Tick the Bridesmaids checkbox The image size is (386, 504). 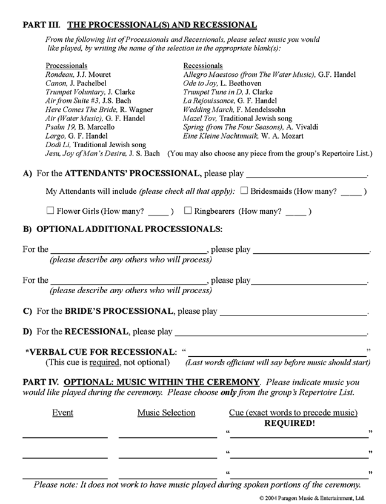point(244,191)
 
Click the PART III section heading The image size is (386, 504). point(139,25)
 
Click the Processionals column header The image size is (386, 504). point(67,65)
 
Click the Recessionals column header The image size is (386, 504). point(203,65)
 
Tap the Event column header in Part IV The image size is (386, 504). point(63,413)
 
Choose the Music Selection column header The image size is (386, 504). point(167,413)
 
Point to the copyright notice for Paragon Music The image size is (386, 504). point(311,498)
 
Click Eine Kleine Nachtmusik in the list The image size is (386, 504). point(239,136)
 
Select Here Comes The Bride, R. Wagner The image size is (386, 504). point(99,110)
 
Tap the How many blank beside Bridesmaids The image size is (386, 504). point(350,192)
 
